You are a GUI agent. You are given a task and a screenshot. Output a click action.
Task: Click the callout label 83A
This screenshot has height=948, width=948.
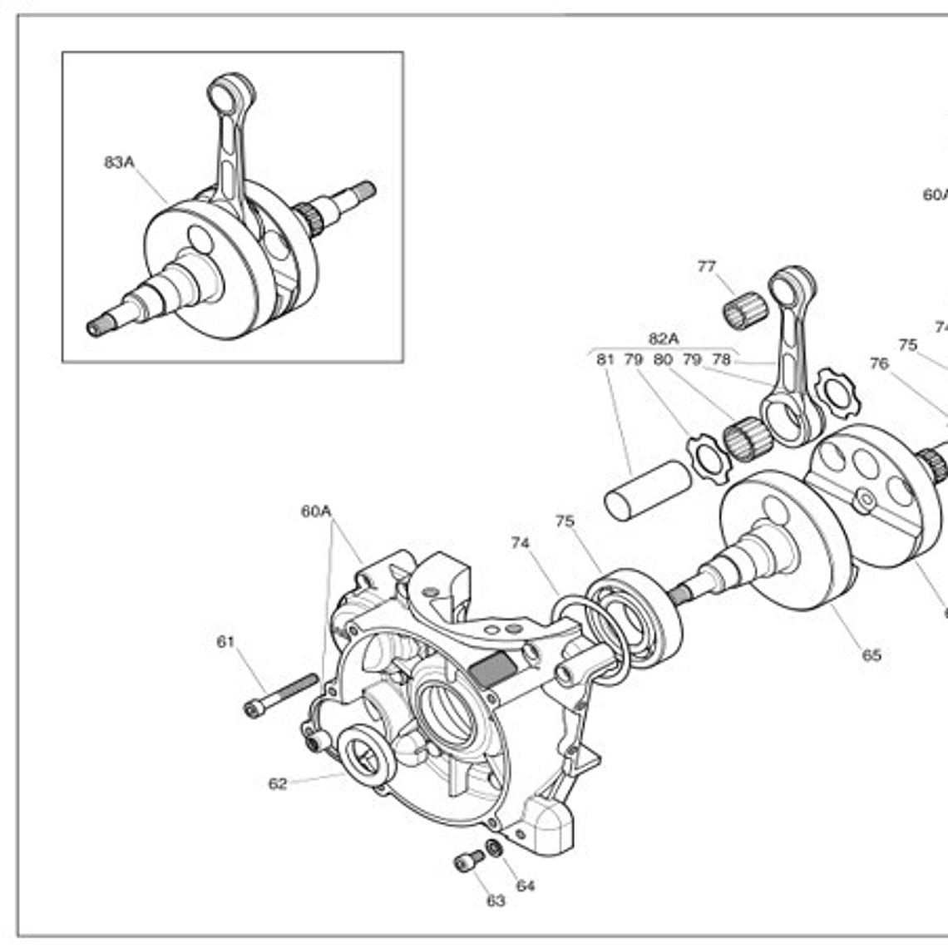[118, 162]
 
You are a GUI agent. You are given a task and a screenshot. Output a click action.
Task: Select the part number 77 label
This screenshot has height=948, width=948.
[706, 267]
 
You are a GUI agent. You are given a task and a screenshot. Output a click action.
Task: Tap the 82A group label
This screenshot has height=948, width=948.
[663, 338]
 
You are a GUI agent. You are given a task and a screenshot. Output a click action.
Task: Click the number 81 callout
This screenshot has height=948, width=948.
[605, 360]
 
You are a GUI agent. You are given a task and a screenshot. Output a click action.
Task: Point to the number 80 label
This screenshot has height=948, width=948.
[663, 360]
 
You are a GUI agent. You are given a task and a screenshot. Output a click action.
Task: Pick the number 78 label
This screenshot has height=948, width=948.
[721, 360]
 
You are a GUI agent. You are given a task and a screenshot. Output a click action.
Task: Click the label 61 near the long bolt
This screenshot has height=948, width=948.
[225, 642]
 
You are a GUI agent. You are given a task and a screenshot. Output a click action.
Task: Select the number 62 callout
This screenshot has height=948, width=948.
[278, 783]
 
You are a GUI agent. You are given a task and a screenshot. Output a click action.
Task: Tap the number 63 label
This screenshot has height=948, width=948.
[496, 901]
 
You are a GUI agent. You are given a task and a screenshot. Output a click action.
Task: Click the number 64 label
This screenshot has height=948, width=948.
[526, 886]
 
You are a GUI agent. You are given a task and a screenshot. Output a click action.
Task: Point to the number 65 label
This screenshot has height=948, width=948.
[871, 655]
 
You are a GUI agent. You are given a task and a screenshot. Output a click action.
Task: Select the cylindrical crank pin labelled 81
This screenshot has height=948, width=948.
[647, 491]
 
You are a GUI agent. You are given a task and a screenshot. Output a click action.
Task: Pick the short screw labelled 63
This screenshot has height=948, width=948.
[469, 861]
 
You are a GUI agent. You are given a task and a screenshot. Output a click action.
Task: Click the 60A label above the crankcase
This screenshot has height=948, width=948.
[316, 511]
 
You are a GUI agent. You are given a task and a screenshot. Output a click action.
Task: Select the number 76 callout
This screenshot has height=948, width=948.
[879, 363]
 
